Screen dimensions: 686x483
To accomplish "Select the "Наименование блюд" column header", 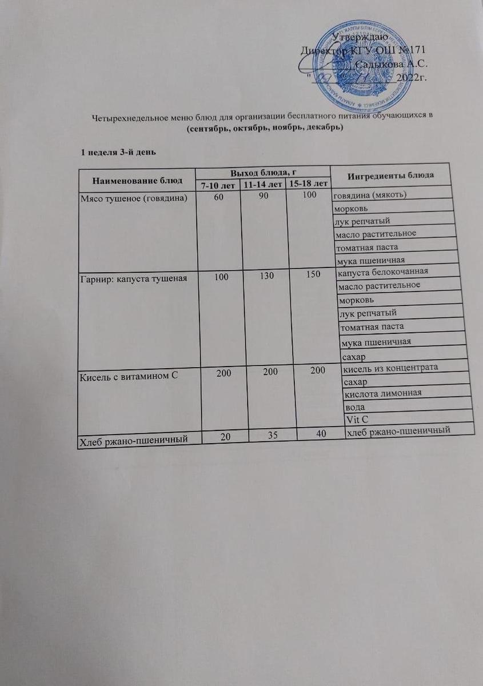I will click(136, 180).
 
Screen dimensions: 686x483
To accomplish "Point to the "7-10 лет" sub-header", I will click(217, 186).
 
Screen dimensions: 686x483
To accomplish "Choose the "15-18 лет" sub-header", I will click(309, 184).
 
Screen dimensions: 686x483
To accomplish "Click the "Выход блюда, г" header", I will click(263, 172).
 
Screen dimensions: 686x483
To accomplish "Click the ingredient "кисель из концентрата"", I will click(390, 368).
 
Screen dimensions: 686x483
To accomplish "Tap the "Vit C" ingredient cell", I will click(357, 420).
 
